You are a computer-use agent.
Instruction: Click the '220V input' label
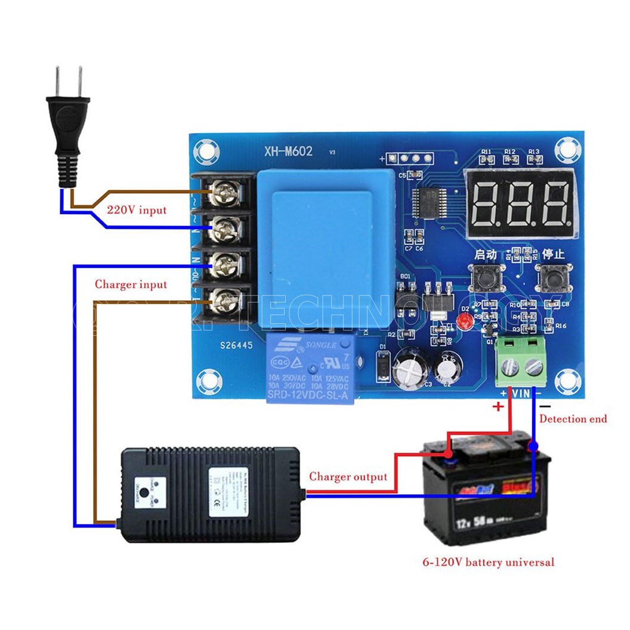click(137, 210)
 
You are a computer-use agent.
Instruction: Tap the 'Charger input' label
click(131, 285)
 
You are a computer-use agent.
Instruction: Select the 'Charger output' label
click(348, 477)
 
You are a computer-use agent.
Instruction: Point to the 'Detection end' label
click(573, 419)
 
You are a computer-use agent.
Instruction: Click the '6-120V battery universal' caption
click(488, 562)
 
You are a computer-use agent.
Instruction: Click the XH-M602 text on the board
click(288, 152)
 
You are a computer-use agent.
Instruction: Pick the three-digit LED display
click(520, 202)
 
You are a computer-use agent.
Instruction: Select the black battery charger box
click(212, 493)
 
